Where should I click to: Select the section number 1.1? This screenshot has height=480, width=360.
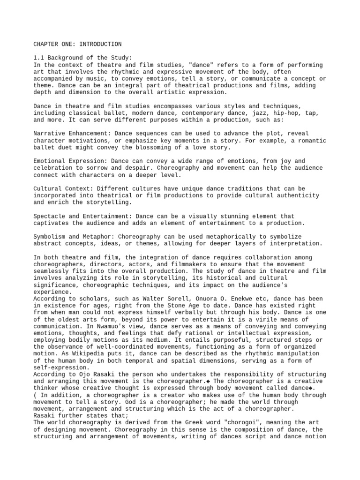tap(38, 58)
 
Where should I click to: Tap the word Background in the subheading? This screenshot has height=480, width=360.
tap(64, 58)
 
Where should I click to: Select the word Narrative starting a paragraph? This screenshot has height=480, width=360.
tap(49, 134)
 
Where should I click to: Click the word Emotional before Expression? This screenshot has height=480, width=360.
tap(49, 161)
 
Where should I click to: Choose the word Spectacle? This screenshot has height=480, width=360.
tap(49, 216)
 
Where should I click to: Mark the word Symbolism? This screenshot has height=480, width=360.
tap(49, 237)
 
